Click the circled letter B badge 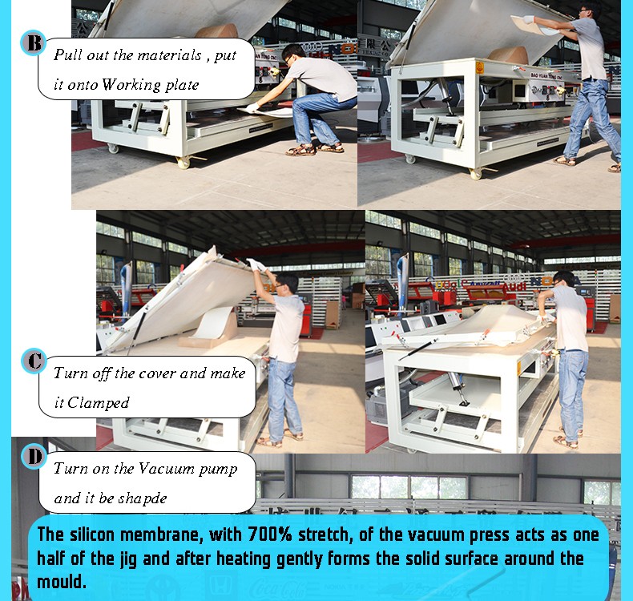point(33,42)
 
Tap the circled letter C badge point(34,361)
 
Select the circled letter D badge point(34,456)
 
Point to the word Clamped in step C point(98,402)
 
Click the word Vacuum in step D point(167,469)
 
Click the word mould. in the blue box point(62,582)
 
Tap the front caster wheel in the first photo point(183,162)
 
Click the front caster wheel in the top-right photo point(477,173)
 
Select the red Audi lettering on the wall point(513,286)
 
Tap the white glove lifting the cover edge point(256,265)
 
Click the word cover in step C point(155,373)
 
